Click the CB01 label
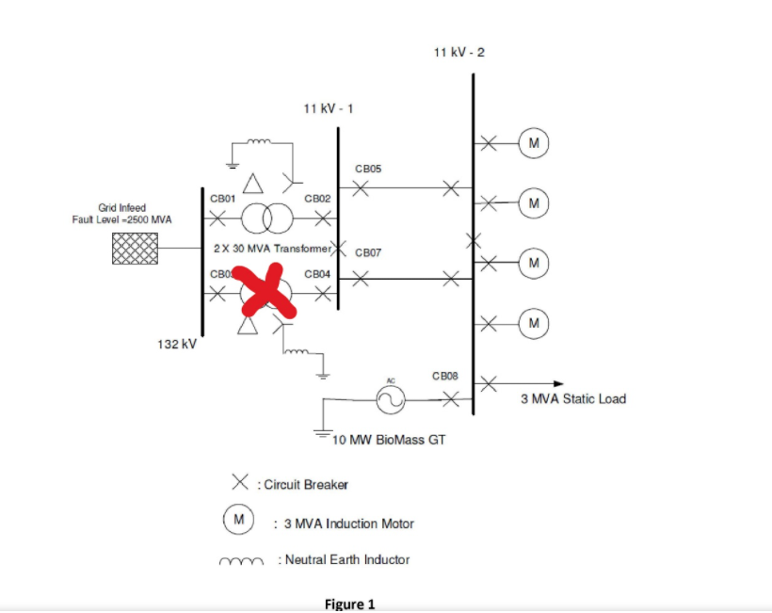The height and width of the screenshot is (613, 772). point(222,199)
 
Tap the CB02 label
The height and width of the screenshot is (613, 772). point(316,199)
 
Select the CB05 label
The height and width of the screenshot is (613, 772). point(367,169)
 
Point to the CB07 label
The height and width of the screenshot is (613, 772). point(367,253)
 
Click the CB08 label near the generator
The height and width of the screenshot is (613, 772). point(445,375)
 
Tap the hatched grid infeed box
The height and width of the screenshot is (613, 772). point(133,249)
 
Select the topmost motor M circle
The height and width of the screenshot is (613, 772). point(534,143)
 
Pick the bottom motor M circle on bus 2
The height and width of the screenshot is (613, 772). point(534,324)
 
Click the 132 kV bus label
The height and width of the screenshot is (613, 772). point(176,345)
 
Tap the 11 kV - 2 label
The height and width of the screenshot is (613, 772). point(459,52)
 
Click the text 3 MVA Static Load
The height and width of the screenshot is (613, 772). point(572,398)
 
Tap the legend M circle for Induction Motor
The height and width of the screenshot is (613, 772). point(238,519)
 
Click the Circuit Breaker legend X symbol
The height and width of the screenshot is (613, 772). point(240,483)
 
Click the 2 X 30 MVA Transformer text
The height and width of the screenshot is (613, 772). point(274,249)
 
